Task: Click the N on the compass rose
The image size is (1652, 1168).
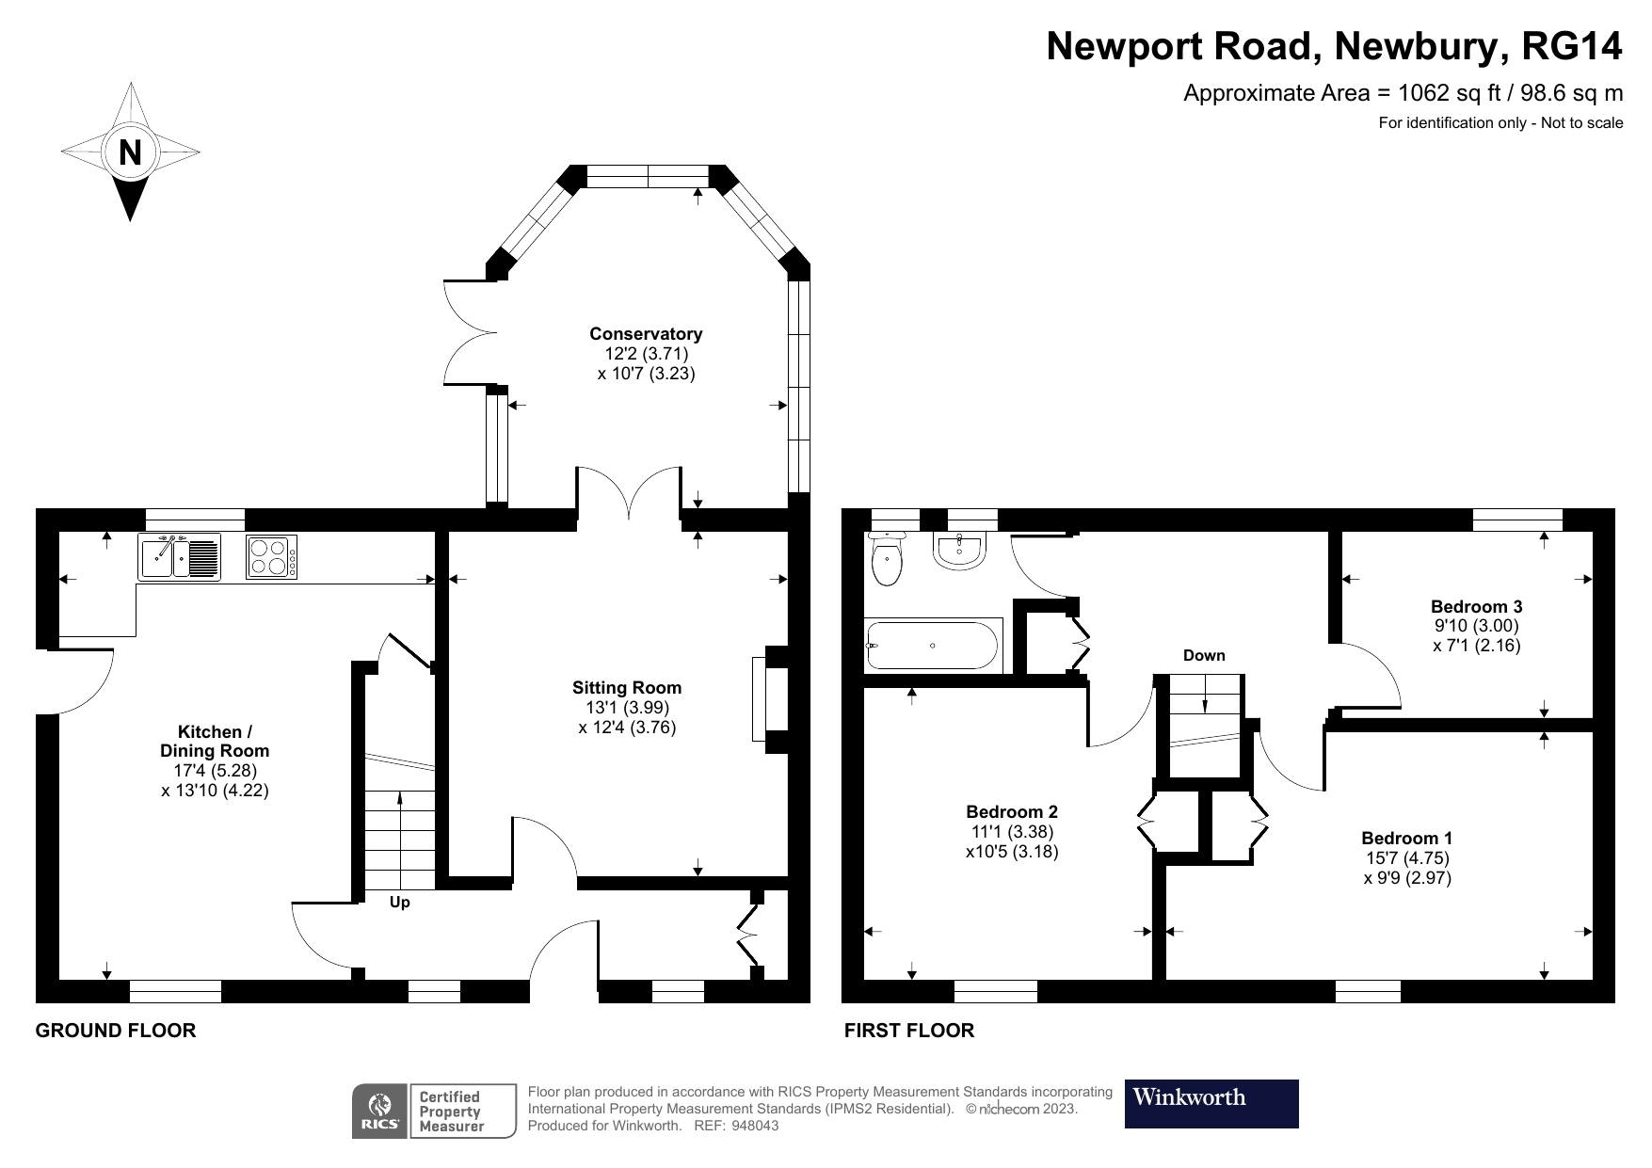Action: [x=130, y=152]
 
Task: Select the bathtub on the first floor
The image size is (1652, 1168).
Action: [x=932, y=646]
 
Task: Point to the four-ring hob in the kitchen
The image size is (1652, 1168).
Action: [x=271, y=556]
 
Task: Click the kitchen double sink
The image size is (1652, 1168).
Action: [x=180, y=556]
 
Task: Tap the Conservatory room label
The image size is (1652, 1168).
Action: [x=646, y=334]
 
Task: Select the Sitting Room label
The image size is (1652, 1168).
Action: [x=627, y=688]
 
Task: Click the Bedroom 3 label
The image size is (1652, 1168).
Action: [x=1476, y=607]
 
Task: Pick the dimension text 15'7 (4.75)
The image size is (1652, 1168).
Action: [x=1407, y=858]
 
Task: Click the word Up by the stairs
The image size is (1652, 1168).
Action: [x=400, y=903]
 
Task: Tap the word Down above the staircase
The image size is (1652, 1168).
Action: [x=1204, y=656]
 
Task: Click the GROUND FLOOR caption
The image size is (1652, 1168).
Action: [x=116, y=1031]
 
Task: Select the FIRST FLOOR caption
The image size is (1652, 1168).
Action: [x=909, y=1031]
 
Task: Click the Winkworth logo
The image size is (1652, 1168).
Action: [x=1211, y=1103]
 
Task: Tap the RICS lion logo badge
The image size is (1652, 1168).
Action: [x=379, y=1112]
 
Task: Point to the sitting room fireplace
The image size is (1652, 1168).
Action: [x=768, y=699]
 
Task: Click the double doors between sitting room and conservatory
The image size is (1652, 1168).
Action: [x=629, y=494]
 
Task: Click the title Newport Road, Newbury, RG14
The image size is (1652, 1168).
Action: [x=1334, y=46]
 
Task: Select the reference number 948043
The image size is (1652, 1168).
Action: [x=755, y=1126]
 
